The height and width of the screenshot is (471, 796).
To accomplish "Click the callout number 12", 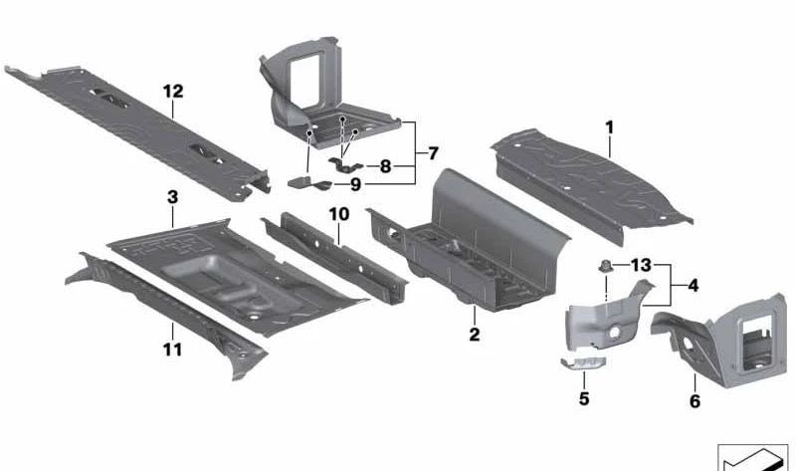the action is click(x=172, y=92).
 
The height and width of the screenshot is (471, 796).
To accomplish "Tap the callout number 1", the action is click(x=609, y=127).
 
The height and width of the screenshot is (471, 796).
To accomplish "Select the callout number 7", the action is click(x=433, y=153).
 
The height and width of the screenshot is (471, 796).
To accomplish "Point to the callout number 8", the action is click(x=385, y=166).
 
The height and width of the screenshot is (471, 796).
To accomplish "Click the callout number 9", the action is click(x=355, y=184).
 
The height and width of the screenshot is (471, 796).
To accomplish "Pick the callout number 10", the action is click(x=339, y=214).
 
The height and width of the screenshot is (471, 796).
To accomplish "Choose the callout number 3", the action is click(x=172, y=197).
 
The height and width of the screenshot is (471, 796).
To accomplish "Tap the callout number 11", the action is click(x=172, y=350).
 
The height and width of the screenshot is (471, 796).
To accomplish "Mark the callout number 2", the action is click(x=475, y=335).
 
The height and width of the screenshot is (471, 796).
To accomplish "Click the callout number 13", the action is click(x=641, y=265).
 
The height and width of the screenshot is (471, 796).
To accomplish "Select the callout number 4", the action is click(x=693, y=286).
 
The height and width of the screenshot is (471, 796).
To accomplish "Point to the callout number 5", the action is click(x=584, y=398).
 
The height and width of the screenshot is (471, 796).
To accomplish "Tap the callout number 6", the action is click(x=695, y=401).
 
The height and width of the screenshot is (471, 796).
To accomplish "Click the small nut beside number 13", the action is click(x=605, y=266).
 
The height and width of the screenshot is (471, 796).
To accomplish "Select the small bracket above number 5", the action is click(x=583, y=362).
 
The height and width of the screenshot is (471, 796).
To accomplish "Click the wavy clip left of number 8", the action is click(x=345, y=165).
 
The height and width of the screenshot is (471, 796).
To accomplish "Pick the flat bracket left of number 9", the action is click(x=309, y=182).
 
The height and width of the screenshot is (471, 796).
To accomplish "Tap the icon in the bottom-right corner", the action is click(x=752, y=458).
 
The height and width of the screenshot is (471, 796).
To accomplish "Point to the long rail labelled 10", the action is click(x=335, y=258).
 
